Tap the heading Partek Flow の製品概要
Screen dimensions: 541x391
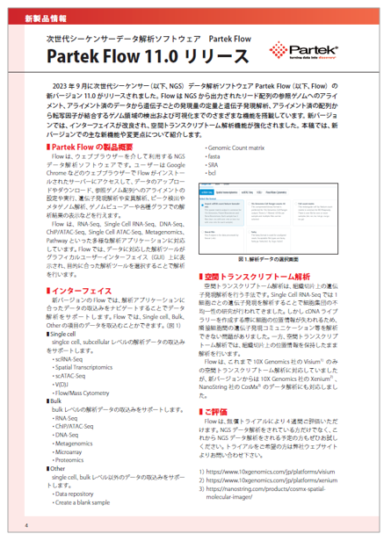pyautogui.click(x=84, y=146)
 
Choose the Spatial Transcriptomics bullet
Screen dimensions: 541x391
pyautogui.click(x=89, y=368)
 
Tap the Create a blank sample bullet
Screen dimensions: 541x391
pyautogui.click(x=86, y=501)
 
